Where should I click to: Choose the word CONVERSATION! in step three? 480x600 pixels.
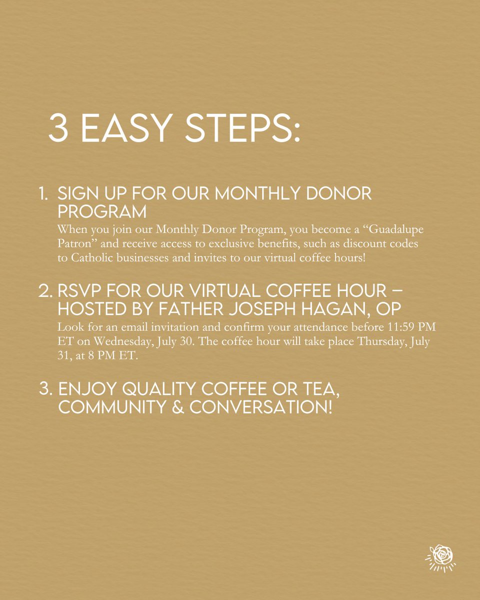coord(260,407)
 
